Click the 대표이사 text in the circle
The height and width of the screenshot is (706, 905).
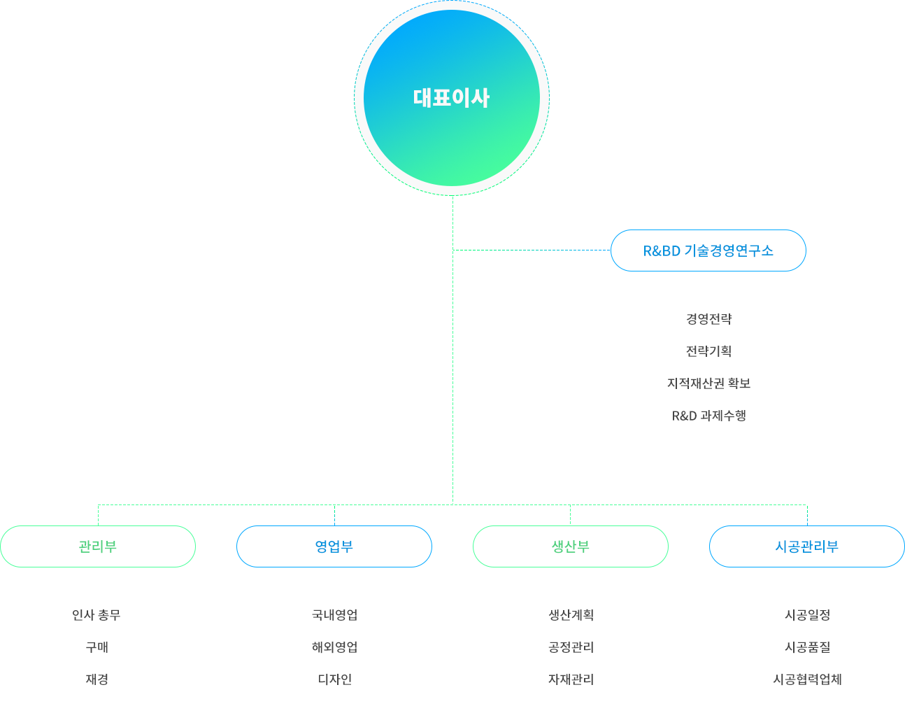click(x=452, y=98)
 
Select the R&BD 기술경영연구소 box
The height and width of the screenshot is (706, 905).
click(x=708, y=250)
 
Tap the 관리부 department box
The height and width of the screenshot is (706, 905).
click(x=98, y=546)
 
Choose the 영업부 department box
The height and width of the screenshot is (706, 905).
click(x=334, y=546)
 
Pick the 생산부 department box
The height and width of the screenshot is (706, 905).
click(x=571, y=546)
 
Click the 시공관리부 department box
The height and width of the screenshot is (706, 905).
click(x=806, y=546)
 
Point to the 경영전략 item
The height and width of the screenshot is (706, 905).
click(x=708, y=318)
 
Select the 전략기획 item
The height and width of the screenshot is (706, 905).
click(x=708, y=351)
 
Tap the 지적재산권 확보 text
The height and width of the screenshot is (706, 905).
click(x=708, y=383)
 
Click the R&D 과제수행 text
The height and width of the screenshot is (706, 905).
click(x=708, y=415)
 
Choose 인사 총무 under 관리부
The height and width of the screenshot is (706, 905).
click(x=97, y=615)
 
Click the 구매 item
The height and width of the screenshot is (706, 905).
click(x=97, y=647)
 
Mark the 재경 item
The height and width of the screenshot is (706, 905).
click(x=97, y=679)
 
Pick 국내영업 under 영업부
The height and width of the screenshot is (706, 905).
click(x=334, y=615)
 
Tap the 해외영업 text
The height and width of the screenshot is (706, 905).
click(x=334, y=647)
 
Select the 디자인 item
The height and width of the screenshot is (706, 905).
click(x=335, y=679)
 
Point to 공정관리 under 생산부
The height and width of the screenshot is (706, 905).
click(x=571, y=647)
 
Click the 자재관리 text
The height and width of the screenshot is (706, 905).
click(x=571, y=679)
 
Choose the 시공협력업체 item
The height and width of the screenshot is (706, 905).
click(x=807, y=679)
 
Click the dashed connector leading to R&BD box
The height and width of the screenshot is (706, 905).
click(x=532, y=250)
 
